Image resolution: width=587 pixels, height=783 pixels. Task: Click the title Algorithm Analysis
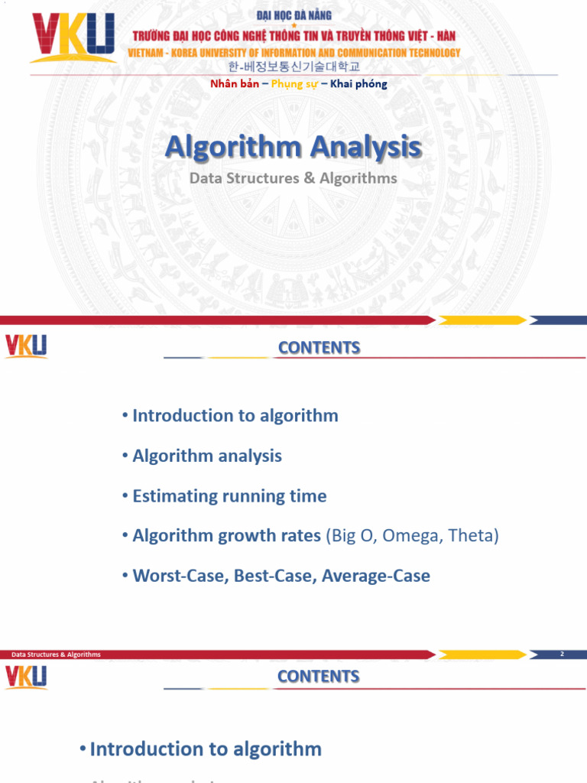click(x=293, y=146)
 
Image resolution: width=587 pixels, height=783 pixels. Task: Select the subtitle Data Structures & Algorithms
click(x=293, y=178)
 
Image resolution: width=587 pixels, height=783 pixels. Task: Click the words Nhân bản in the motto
click(x=235, y=84)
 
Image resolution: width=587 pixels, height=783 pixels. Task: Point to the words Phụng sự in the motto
click(x=294, y=84)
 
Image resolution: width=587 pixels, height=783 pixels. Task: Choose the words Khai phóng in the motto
click(x=358, y=84)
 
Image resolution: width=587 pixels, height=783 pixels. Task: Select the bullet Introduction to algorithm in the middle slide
click(x=235, y=416)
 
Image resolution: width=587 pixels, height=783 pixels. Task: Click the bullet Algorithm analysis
click(x=206, y=456)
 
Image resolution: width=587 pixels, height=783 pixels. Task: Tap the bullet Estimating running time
click(x=229, y=496)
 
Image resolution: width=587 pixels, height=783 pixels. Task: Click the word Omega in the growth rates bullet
click(x=411, y=536)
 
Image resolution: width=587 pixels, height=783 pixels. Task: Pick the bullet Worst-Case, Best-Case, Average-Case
click(x=281, y=576)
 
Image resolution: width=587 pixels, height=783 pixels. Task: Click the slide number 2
click(x=562, y=654)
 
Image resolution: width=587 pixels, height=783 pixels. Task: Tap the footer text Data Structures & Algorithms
click(x=56, y=655)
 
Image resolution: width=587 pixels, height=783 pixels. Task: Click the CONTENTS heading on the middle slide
click(x=319, y=348)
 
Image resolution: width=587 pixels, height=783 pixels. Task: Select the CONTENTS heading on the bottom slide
click(x=318, y=677)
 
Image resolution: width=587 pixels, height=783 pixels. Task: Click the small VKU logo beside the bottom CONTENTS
click(x=26, y=677)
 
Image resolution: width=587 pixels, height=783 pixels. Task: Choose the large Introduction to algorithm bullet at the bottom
click(x=205, y=749)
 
